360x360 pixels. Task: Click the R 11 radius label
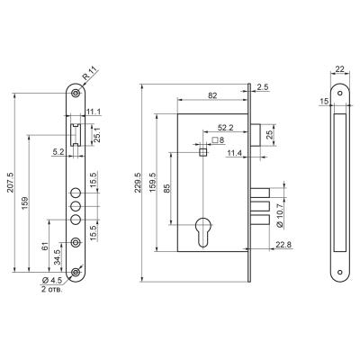point(90,73)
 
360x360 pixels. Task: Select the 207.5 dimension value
point(9,184)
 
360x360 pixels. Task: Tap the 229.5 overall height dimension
point(137,183)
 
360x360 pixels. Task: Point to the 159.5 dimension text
point(152,183)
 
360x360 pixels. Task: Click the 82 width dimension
point(212,95)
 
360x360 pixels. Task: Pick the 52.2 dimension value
point(225,128)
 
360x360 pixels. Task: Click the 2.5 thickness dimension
point(263,87)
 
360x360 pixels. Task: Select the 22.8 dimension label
point(283,245)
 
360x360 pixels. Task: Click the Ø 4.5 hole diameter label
point(52,281)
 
